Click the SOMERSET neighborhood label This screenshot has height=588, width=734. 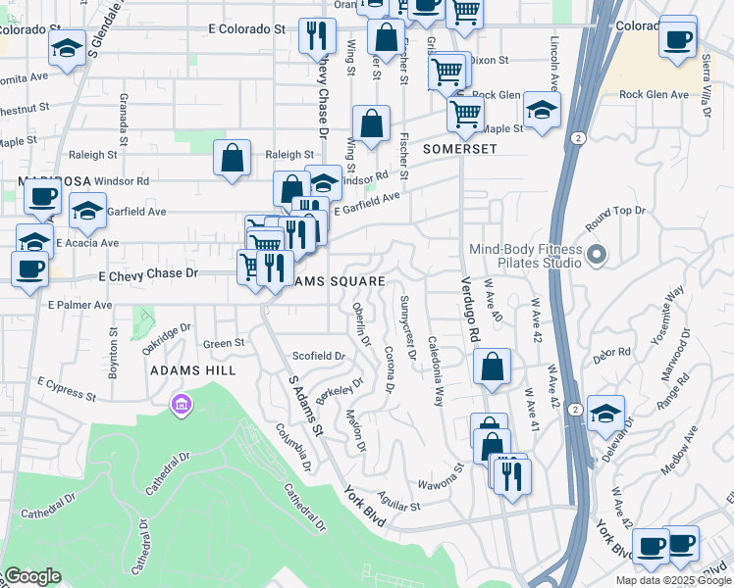[x=460, y=149]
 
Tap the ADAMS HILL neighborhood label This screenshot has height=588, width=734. [x=192, y=371]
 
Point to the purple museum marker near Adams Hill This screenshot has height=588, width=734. [x=180, y=404]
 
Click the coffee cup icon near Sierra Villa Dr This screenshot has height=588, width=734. [x=678, y=39]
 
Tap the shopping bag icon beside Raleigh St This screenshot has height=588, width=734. [x=232, y=159]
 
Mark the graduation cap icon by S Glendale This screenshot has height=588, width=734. [x=67, y=49]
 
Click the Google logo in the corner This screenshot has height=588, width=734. [x=31, y=577]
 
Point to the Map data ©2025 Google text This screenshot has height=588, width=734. [x=672, y=580]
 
